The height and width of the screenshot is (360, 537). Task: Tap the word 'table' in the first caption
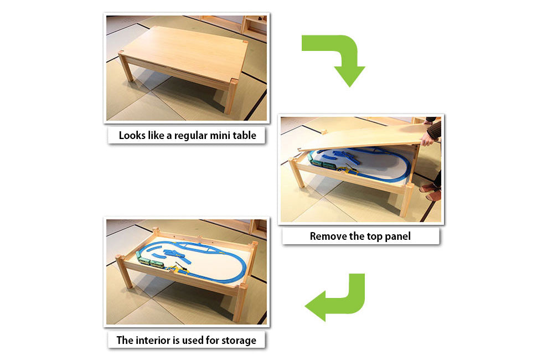[245, 135]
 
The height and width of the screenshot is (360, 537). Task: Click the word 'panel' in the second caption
[397, 236]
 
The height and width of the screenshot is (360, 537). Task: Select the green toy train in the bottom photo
[151, 261]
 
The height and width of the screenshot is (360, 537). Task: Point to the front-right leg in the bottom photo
[241, 302]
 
